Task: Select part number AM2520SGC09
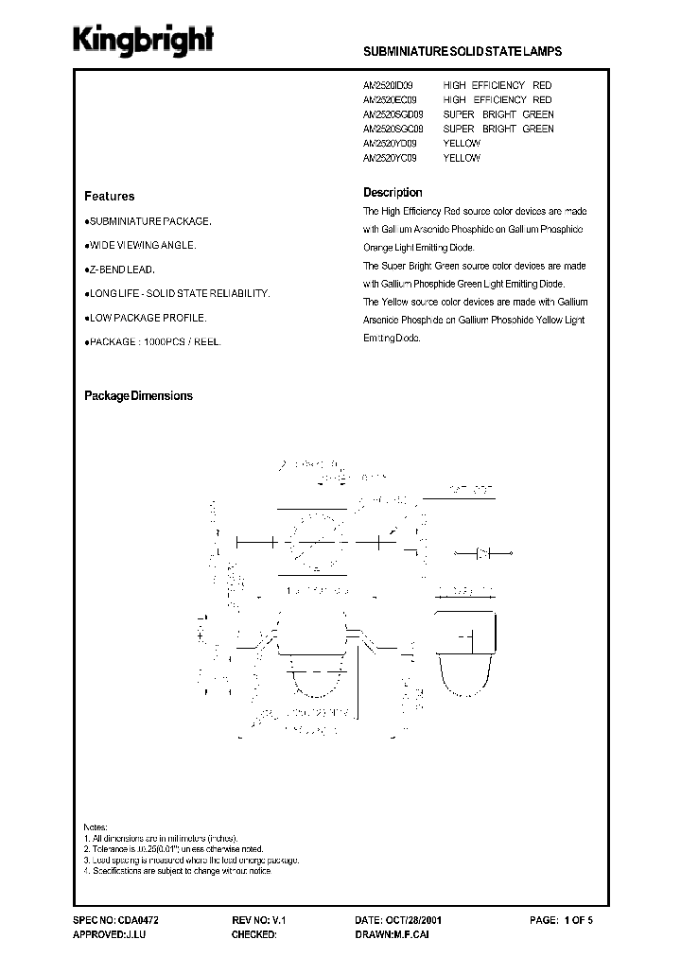click(393, 129)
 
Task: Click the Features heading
click(110, 197)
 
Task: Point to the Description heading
click(393, 193)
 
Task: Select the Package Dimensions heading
click(138, 396)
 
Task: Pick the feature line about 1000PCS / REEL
click(153, 340)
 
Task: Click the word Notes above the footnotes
click(96, 826)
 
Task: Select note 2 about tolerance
click(173, 849)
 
